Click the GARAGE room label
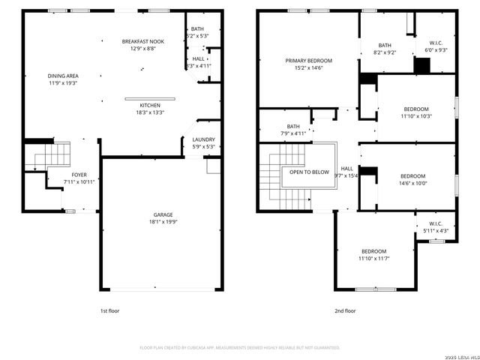(x=161, y=214)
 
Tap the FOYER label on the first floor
(x=58, y=174)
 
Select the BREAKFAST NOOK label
(x=142, y=41)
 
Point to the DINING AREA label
(x=63, y=76)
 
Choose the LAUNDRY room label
(x=203, y=139)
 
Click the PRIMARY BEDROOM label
(x=308, y=61)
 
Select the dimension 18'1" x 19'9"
(x=161, y=221)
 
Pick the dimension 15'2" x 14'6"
(x=308, y=67)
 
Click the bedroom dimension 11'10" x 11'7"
(x=373, y=258)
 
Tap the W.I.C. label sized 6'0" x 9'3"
(x=436, y=43)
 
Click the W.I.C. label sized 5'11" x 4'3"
(x=435, y=223)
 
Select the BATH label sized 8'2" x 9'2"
(x=385, y=45)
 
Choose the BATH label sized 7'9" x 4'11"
(x=293, y=127)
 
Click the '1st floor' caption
(x=109, y=310)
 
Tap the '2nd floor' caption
(x=345, y=310)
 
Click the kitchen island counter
(x=150, y=97)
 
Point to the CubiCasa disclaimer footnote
(x=240, y=347)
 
